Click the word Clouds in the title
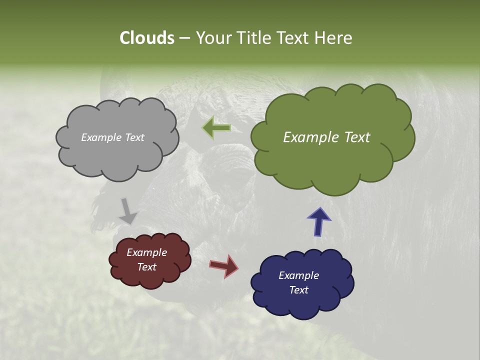coord(146,38)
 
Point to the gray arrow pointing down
coord(127,211)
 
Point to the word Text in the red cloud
coord(146,267)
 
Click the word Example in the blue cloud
coord(298,275)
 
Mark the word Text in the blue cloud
coord(298,290)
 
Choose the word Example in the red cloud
coord(146,252)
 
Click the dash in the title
coord(184,38)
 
